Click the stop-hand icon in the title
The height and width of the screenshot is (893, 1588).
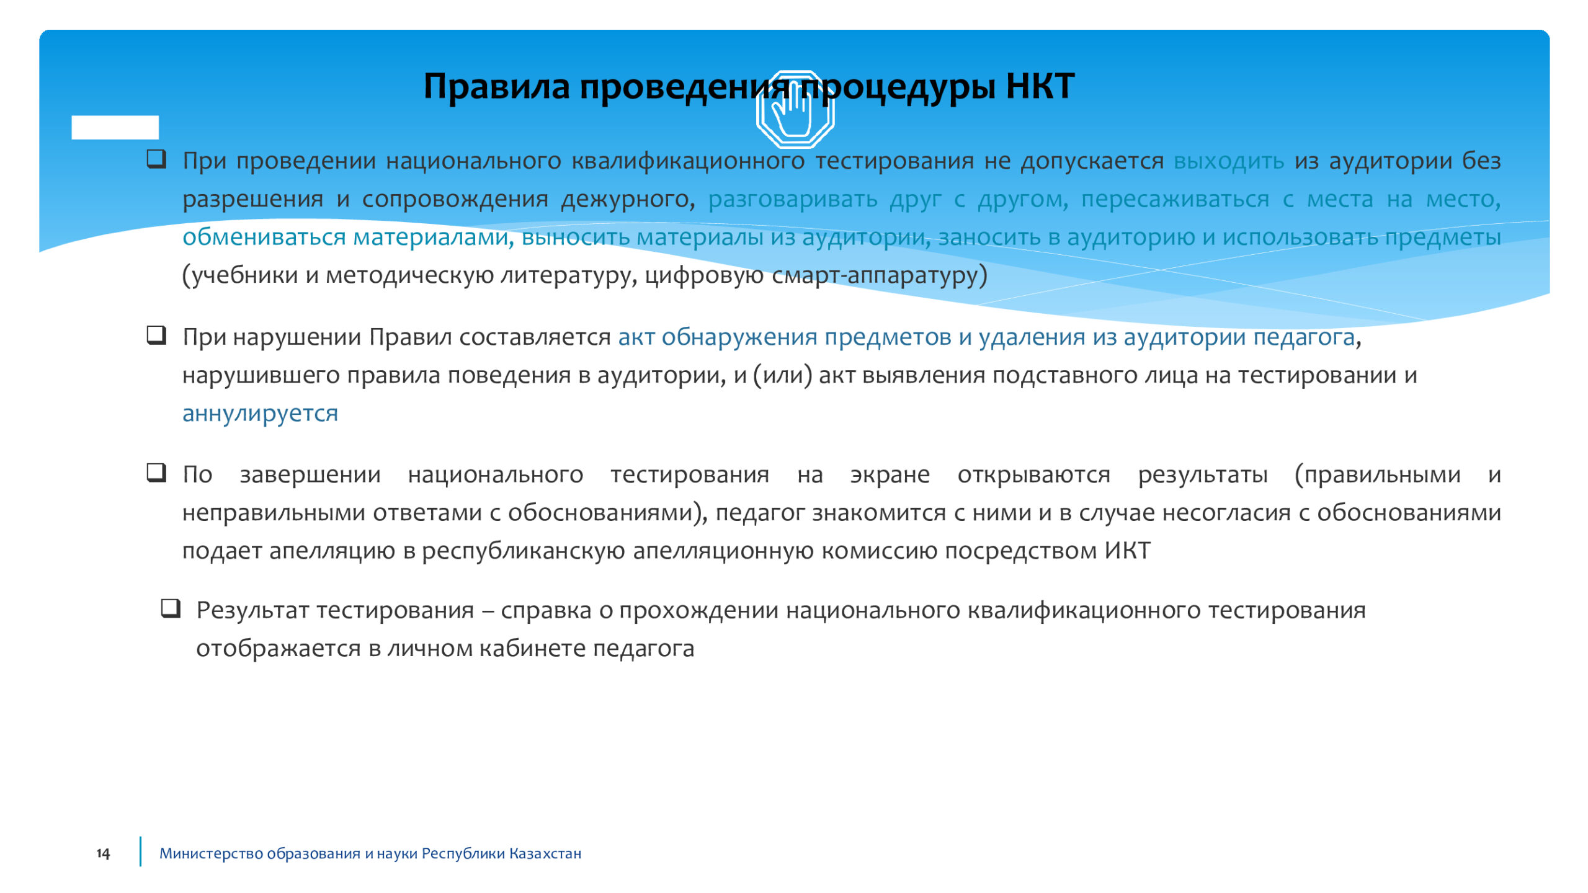(x=795, y=110)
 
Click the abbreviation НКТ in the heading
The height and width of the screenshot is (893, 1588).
(x=1040, y=86)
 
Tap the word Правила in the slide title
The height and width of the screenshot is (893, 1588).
(x=496, y=86)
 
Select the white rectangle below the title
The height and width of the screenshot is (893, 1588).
(x=115, y=127)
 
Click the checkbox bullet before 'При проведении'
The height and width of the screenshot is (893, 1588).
(x=156, y=159)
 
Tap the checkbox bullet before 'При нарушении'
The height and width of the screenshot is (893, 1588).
(x=156, y=335)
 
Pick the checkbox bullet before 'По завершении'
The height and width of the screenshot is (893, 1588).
(x=156, y=473)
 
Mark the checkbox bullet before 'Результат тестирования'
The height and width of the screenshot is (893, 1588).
(x=171, y=608)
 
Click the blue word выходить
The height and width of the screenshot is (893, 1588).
(x=1229, y=161)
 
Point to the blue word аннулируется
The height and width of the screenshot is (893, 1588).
(x=261, y=413)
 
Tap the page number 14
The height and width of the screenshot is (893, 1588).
(x=103, y=853)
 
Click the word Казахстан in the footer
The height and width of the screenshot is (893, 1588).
(x=545, y=853)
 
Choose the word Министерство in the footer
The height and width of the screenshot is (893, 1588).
(x=210, y=854)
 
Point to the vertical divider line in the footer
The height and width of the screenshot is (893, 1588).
(x=140, y=851)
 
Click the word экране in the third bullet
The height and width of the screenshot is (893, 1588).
(x=890, y=474)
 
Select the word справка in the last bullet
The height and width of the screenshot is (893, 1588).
(x=546, y=611)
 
